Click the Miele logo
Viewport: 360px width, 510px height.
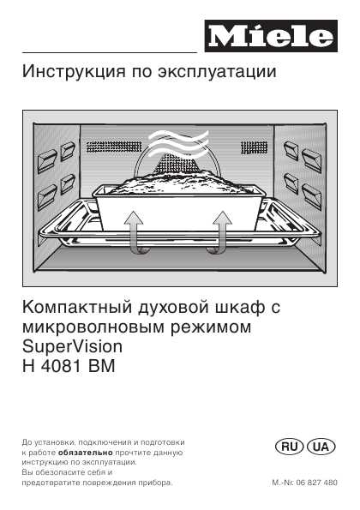pos(271,36)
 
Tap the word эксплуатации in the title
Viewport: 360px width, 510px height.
pos(217,72)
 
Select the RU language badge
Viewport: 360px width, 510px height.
pos(289,447)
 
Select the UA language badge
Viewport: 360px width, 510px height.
pos(321,447)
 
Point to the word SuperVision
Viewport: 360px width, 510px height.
pos(72,347)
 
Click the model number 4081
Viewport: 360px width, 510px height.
pos(61,366)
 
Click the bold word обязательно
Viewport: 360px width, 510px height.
pos(86,453)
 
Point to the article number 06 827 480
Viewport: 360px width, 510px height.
pos(317,483)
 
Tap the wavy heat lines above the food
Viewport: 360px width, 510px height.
pos(178,143)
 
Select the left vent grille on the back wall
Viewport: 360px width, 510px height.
pos(114,147)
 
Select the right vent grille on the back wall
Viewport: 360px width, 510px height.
pos(254,147)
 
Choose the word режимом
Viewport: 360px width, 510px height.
pos(211,327)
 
